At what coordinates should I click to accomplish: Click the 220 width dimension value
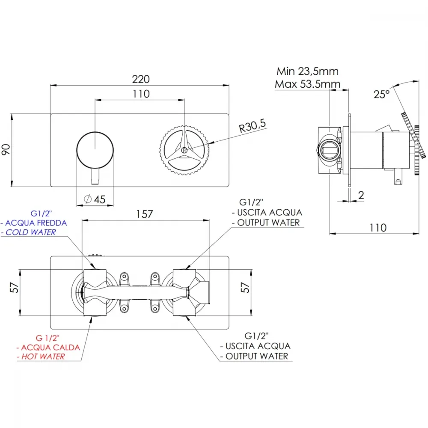pyautogui.click(x=141, y=79)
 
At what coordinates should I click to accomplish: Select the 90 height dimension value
pyautogui.click(x=6, y=149)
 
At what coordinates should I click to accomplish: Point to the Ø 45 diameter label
pyautogui.click(x=95, y=199)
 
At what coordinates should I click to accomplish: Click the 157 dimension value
pyautogui.click(x=144, y=214)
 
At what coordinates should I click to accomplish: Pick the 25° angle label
pyautogui.click(x=382, y=95)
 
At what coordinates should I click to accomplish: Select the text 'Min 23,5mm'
pyautogui.click(x=307, y=71)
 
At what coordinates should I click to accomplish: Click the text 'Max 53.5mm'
pyautogui.click(x=307, y=84)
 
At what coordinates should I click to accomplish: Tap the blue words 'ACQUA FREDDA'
pyautogui.click(x=36, y=223)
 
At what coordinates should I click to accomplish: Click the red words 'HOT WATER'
pyautogui.click(x=43, y=357)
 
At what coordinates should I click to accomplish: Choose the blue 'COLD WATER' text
pyautogui.click(x=31, y=232)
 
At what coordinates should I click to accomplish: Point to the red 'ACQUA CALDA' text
pyautogui.click(x=51, y=348)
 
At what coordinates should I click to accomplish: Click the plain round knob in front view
pyautogui.click(x=95, y=150)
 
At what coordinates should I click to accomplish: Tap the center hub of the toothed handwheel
pyautogui.click(x=184, y=150)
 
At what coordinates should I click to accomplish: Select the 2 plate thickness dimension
pyautogui.click(x=361, y=195)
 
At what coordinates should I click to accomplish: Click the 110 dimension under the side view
pyautogui.click(x=378, y=228)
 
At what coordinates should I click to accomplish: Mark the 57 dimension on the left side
pyautogui.click(x=14, y=288)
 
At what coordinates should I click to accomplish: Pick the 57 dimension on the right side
pyautogui.click(x=245, y=288)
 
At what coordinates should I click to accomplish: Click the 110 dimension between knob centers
pyautogui.click(x=141, y=94)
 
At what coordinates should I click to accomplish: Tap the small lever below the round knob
pyautogui.click(x=95, y=176)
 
